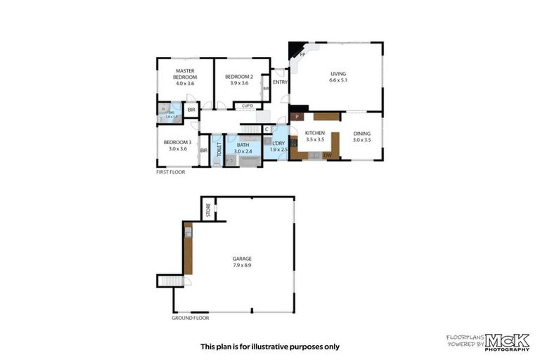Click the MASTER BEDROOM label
[x=186, y=77]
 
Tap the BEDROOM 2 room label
[x=239, y=79]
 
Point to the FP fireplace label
[x=302, y=55]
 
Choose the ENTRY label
[x=280, y=82]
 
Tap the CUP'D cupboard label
[x=247, y=106]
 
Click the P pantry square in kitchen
[x=297, y=116]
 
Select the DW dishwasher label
[x=327, y=155]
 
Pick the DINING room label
[x=362, y=136]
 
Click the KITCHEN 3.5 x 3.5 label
[x=314, y=136]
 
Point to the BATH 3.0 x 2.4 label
[x=243, y=148]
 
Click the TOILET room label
[x=219, y=148]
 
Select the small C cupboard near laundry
[x=266, y=129]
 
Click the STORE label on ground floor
[x=208, y=210]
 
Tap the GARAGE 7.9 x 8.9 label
[x=241, y=262]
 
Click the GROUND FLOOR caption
[x=191, y=318]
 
